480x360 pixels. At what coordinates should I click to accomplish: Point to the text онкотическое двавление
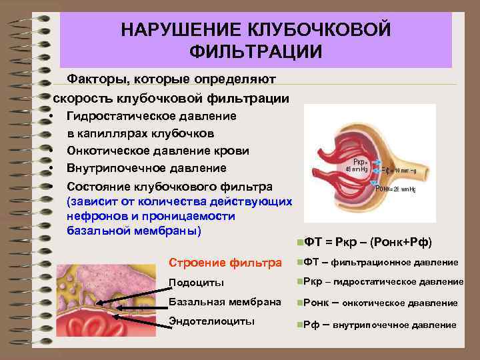point(405,303)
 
